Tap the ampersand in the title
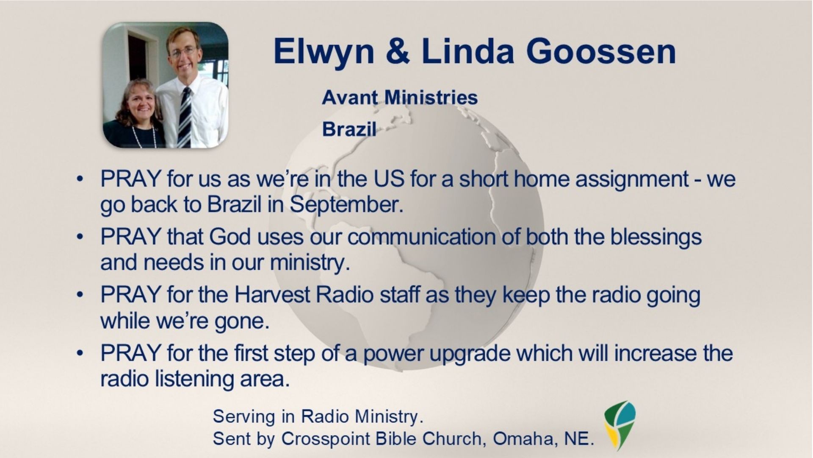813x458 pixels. pos(397,51)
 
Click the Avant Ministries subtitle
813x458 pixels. pos(400,98)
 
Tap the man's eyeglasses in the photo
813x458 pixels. pos(183,52)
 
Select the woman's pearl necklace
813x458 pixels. pos(144,135)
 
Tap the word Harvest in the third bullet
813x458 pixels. pos(272,295)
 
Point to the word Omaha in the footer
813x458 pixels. pos(523,439)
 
